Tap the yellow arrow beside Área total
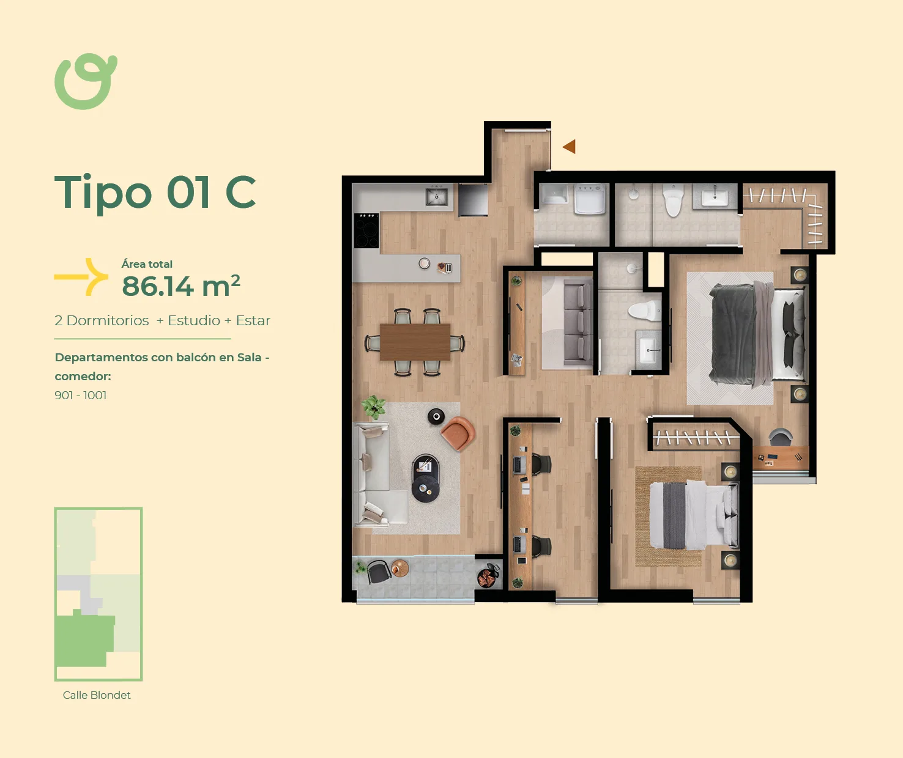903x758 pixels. tap(82, 277)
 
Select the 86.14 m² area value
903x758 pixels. tap(180, 285)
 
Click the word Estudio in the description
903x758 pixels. tap(194, 320)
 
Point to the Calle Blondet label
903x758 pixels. tap(97, 695)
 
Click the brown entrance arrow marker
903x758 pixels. tap(569, 147)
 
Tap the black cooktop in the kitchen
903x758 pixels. tap(366, 230)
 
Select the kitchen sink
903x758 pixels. tap(436, 197)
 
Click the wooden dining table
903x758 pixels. tap(415, 342)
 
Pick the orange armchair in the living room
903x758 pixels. tap(458, 433)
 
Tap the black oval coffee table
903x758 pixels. tap(426, 478)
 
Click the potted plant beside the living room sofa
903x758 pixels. tap(373, 407)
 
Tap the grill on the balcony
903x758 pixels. tap(488, 576)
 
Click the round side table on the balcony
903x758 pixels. tap(399, 568)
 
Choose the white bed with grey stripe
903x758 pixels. tap(694, 515)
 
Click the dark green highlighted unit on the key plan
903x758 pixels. tap(84, 639)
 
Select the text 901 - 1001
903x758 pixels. tap(80, 395)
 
